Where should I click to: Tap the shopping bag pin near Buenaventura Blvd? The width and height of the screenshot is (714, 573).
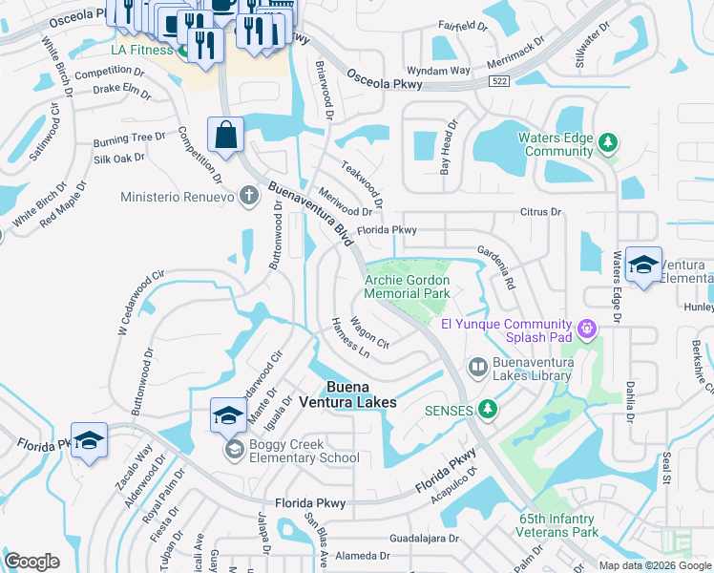pyautogui.click(x=225, y=137)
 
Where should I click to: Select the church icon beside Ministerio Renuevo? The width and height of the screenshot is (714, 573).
pyautogui.click(x=248, y=197)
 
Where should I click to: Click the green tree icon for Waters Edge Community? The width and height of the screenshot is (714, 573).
pyautogui.click(x=607, y=144)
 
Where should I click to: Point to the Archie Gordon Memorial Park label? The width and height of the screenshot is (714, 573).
pyautogui.click(x=407, y=287)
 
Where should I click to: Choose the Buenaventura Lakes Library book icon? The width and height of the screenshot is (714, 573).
pyautogui.click(x=477, y=367)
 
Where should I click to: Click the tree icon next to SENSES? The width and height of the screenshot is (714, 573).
pyautogui.click(x=488, y=409)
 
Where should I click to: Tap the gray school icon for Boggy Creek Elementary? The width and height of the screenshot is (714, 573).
pyautogui.click(x=233, y=449)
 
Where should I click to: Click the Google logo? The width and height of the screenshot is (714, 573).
pyautogui.click(x=31, y=562)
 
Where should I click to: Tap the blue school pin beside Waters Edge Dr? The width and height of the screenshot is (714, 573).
pyautogui.click(x=643, y=265)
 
